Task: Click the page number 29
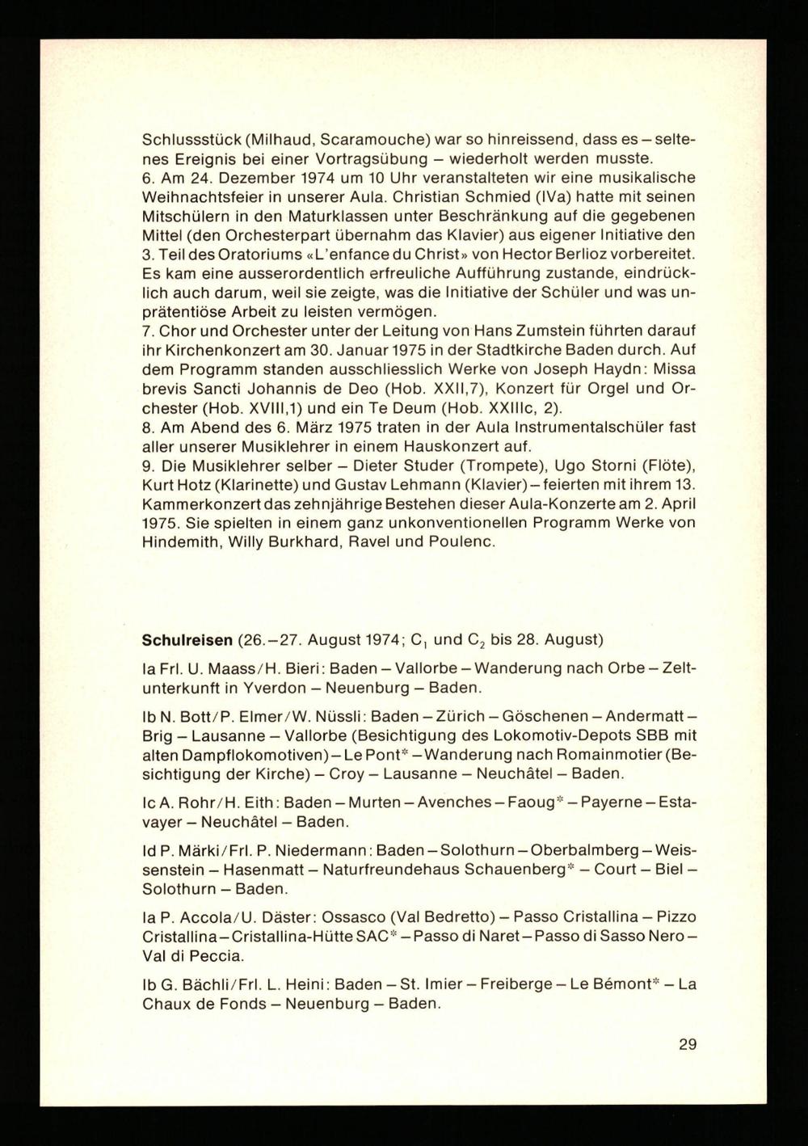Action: click(x=687, y=1043)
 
